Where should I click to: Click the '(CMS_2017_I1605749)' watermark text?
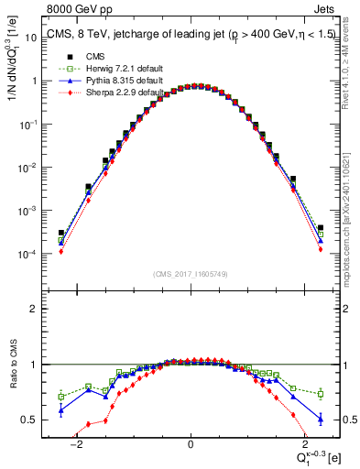point(190,274)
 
